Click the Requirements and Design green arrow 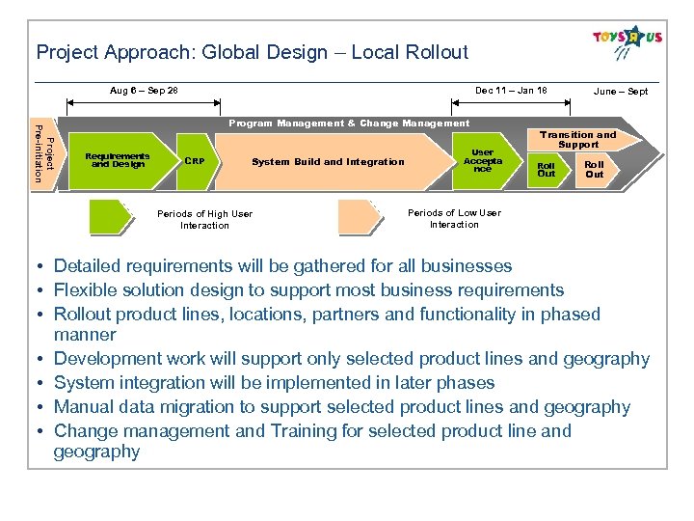118,160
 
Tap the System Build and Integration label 328,162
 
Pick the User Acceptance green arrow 481,160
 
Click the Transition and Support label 577,139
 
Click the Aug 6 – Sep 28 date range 144,91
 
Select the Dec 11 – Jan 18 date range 511,91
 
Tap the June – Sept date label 621,92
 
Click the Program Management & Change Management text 349,123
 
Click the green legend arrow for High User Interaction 111,217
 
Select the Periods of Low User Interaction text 454,218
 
